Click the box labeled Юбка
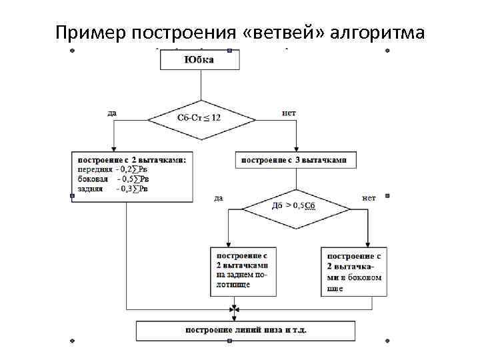coord(200,60)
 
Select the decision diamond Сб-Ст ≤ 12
coord(201,117)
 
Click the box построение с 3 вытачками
coord(294,161)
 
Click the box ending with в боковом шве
coord(355,271)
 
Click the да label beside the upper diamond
coord(112,113)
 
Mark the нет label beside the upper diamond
coord(289,113)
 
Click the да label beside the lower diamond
coord(219,197)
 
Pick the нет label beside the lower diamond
coord(369,197)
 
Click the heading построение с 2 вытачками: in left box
coord(132,160)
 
